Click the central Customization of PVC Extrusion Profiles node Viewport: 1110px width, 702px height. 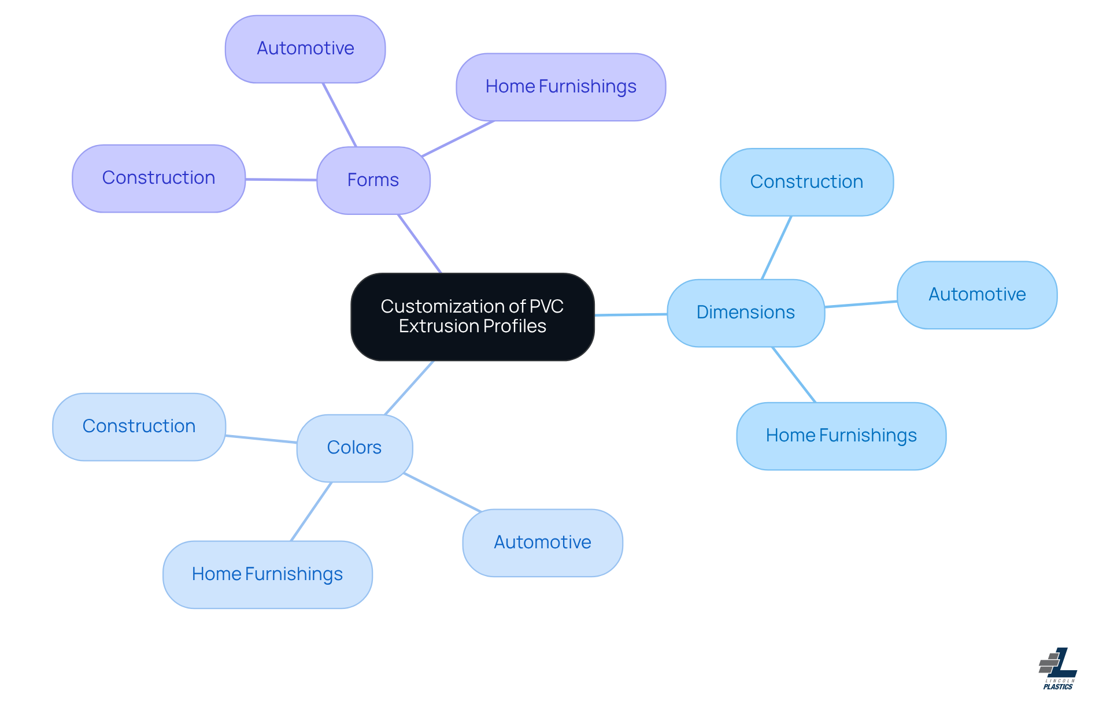pos(472,317)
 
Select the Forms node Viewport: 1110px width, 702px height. pos(373,180)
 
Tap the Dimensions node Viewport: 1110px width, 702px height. pos(746,313)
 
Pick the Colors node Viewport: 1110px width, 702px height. pos(354,448)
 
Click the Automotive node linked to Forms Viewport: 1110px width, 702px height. pos(305,49)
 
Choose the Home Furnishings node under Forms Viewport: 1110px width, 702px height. pos(561,87)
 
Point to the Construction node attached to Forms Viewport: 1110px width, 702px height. pos(158,178)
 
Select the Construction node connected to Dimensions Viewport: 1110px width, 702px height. pos(806,182)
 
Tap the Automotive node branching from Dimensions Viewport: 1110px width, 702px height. pos(977,295)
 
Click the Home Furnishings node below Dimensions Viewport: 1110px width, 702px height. pos(841,436)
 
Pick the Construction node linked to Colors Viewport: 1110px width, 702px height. pos(139,426)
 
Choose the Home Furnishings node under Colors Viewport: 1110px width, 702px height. pos(267,574)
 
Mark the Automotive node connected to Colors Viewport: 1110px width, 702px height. pos(542,543)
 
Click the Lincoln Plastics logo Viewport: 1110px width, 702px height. pos(1058,668)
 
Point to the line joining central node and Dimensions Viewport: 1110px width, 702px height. pos(631,315)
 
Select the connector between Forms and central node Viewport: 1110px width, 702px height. pos(420,243)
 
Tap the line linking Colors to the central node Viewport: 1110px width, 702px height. pos(409,388)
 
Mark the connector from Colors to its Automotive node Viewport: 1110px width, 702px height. pos(442,492)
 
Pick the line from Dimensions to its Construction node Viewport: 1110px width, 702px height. pos(776,248)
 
